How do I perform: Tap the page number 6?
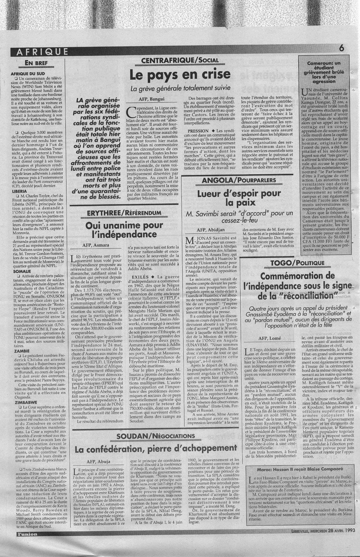[341, 49]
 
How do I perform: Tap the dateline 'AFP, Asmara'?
[96, 245]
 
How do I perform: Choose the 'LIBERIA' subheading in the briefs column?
[18, 191]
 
